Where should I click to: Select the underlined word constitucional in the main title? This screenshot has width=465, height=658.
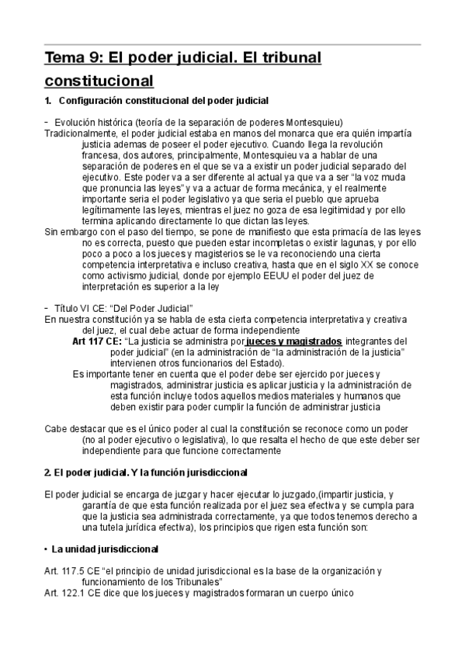(x=99, y=81)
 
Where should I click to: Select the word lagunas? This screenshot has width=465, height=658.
(x=331, y=242)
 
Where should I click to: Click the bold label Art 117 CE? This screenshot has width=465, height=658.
(x=96, y=341)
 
